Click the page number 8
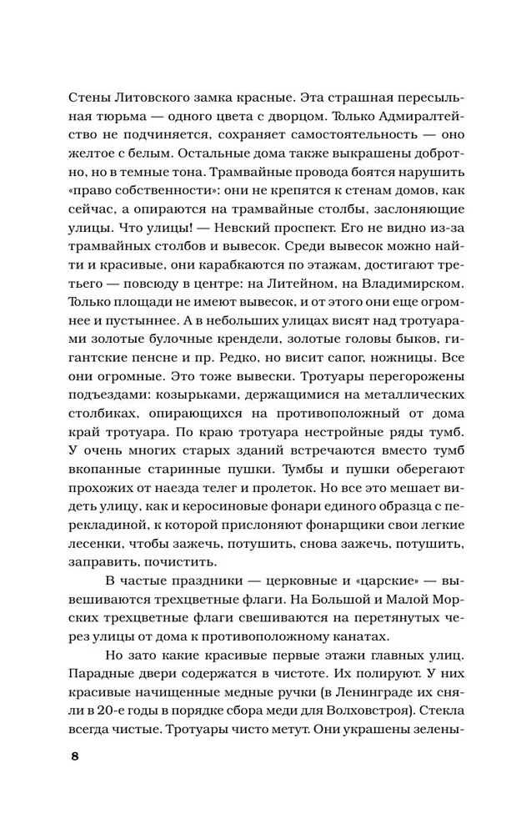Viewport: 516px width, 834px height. tap(75, 757)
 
